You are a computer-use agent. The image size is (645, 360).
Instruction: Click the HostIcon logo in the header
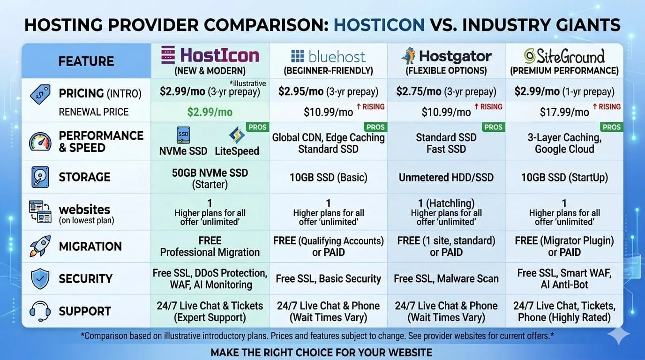[x=210, y=55]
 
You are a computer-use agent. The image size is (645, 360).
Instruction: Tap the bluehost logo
[x=328, y=56]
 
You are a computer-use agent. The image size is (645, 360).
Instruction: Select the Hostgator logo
[x=446, y=56]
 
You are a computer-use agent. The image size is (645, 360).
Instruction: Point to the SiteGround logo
[x=564, y=56]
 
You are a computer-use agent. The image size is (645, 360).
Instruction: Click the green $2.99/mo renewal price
[x=210, y=112]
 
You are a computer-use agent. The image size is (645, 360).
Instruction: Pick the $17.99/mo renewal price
[x=564, y=112]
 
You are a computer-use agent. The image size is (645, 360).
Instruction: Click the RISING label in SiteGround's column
[x=607, y=107]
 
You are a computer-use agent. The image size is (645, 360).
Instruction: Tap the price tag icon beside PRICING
[x=40, y=94]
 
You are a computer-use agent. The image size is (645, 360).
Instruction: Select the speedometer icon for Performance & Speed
[x=40, y=142]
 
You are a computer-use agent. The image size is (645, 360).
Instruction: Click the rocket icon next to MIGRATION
[x=40, y=246]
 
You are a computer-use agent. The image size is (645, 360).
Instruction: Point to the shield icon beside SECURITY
[x=40, y=278]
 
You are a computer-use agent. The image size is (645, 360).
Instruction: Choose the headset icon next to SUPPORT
[x=40, y=311]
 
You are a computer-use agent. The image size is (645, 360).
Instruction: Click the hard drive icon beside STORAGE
[x=40, y=177]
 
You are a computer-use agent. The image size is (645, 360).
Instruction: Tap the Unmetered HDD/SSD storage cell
[x=446, y=177]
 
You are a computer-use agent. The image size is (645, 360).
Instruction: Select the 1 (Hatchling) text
[x=446, y=203]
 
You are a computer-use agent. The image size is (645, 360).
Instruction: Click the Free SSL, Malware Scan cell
[x=446, y=279]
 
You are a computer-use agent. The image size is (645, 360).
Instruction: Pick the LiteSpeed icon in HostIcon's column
[x=237, y=135]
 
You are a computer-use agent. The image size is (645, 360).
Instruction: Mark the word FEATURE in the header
[x=86, y=61]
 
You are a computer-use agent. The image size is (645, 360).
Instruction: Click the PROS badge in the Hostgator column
[x=493, y=127]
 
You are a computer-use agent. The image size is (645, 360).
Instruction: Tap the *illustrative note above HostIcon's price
[x=247, y=83]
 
